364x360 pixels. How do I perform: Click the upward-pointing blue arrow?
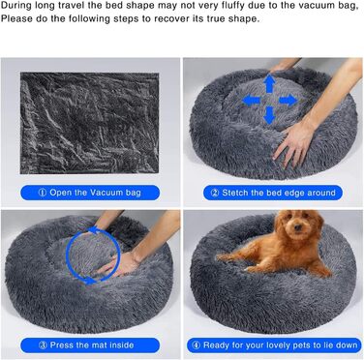tap(269, 84)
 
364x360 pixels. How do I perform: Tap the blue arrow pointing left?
tap(251, 101)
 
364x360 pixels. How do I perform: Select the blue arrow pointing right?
tap(288, 101)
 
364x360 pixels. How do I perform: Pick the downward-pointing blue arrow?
tap(269, 116)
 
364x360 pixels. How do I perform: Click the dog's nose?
tap(297, 228)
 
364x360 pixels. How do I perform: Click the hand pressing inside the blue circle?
tap(119, 265)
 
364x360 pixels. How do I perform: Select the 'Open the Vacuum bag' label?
tap(90, 193)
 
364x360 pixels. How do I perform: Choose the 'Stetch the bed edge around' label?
tap(273, 193)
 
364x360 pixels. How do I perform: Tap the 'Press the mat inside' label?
tap(90, 345)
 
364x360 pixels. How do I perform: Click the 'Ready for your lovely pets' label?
tap(274, 345)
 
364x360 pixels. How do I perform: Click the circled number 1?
tap(43, 193)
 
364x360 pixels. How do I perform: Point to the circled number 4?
tap(196, 345)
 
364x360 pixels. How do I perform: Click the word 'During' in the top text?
tap(15, 7)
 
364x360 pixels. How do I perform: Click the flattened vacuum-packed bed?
tap(90, 123)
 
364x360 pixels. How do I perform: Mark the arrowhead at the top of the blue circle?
tap(94, 230)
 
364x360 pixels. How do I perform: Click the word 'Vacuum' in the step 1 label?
tap(106, 193)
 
